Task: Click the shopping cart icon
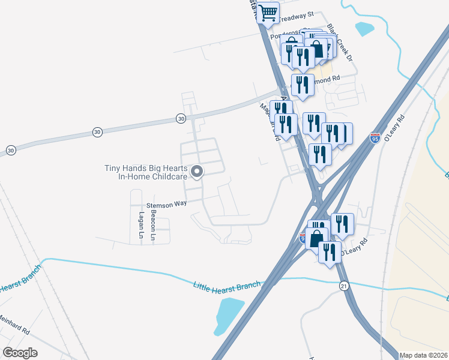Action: (x=268, y=12)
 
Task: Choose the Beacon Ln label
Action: (x=154, y=221)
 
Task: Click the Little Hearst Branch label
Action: (x=227, y=284)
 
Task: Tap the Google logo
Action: (x=19, y=352)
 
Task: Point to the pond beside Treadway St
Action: (x=364, y=28)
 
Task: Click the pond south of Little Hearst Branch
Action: (x=228, y=315)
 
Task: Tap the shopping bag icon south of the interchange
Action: (x=316, y=239)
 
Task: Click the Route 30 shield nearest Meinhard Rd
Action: (x=10, y=149)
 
